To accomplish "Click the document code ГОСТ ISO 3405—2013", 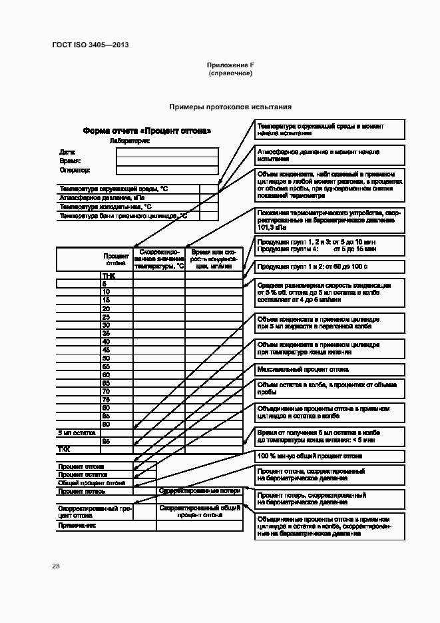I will coord(90,45).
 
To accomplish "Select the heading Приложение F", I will coord(230,65).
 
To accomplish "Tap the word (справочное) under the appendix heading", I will coord(230,73).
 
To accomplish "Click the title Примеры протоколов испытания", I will coord(230,107).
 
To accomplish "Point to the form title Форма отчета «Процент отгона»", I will coord(147,131).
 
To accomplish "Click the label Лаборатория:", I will coord(129,141).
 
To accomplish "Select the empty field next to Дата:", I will coord(167,151).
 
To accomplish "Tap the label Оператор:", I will coord(74,171).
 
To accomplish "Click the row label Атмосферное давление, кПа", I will coord(101,198).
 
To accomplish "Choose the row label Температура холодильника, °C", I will coord(105,207).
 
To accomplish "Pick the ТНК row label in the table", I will coord(108,275).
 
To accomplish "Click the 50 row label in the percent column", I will coord(106,358).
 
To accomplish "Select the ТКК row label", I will coord(64,449).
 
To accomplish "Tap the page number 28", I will coord(56,566).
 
